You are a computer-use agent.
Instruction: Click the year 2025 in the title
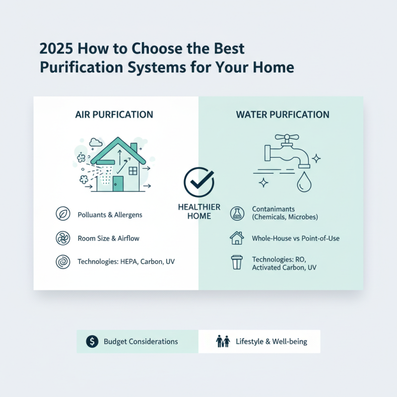click(53, 50)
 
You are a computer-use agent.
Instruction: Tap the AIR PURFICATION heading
click(114, 115)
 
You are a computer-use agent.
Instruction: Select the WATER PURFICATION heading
click(282, 115)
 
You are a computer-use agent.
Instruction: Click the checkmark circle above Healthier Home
click(198, 182)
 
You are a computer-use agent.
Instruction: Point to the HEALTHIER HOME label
click(199, 211)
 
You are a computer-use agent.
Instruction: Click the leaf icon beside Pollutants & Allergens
click(63, 214)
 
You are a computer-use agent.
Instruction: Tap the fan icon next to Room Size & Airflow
click(63, 238)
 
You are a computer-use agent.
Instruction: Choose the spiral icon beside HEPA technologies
click(63, 262)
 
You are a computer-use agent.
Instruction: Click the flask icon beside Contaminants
click(237, 214)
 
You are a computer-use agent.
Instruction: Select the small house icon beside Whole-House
click(237, 238)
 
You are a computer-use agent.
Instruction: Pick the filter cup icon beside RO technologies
click(237, 263)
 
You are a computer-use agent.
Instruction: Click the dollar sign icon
click(91, 341)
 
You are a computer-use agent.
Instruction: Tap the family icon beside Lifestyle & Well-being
click(223, 341)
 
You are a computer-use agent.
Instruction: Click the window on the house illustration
click(133, 171)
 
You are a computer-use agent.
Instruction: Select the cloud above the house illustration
click(95, 142)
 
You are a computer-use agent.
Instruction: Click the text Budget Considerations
click(141, 341)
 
